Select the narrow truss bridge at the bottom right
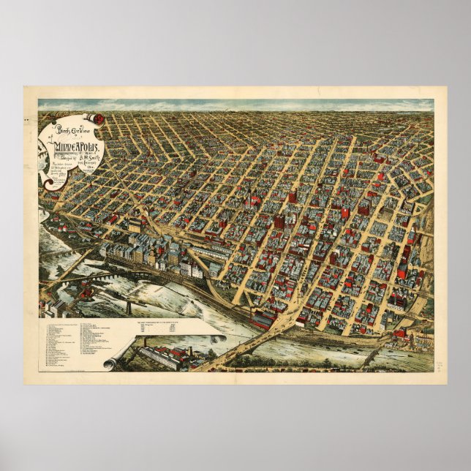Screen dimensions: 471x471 (x=373, y=355)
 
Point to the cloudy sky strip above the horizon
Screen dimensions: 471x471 (x=234, y=105)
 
